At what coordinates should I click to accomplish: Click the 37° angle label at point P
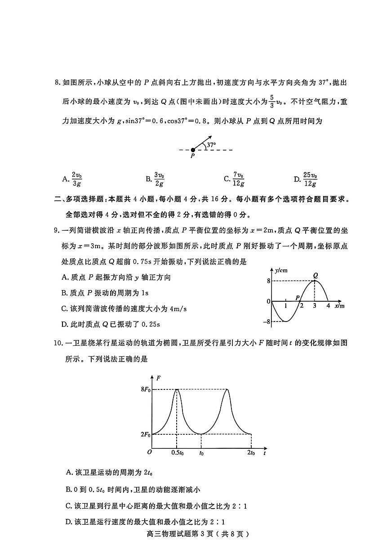click(211, 145)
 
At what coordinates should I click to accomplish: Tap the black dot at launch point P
click(193, 150)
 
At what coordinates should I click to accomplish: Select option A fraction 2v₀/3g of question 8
click(77, 179)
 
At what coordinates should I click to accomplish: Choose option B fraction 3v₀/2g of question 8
click(159, 179)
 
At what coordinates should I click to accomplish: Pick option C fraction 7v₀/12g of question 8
click(239, 179)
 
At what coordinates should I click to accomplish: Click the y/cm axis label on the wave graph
click(282, 270)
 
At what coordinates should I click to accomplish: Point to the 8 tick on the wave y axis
click(268, 281)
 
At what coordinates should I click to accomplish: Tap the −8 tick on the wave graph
click(267, 322)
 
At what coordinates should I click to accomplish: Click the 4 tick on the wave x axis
click(328, 306)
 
